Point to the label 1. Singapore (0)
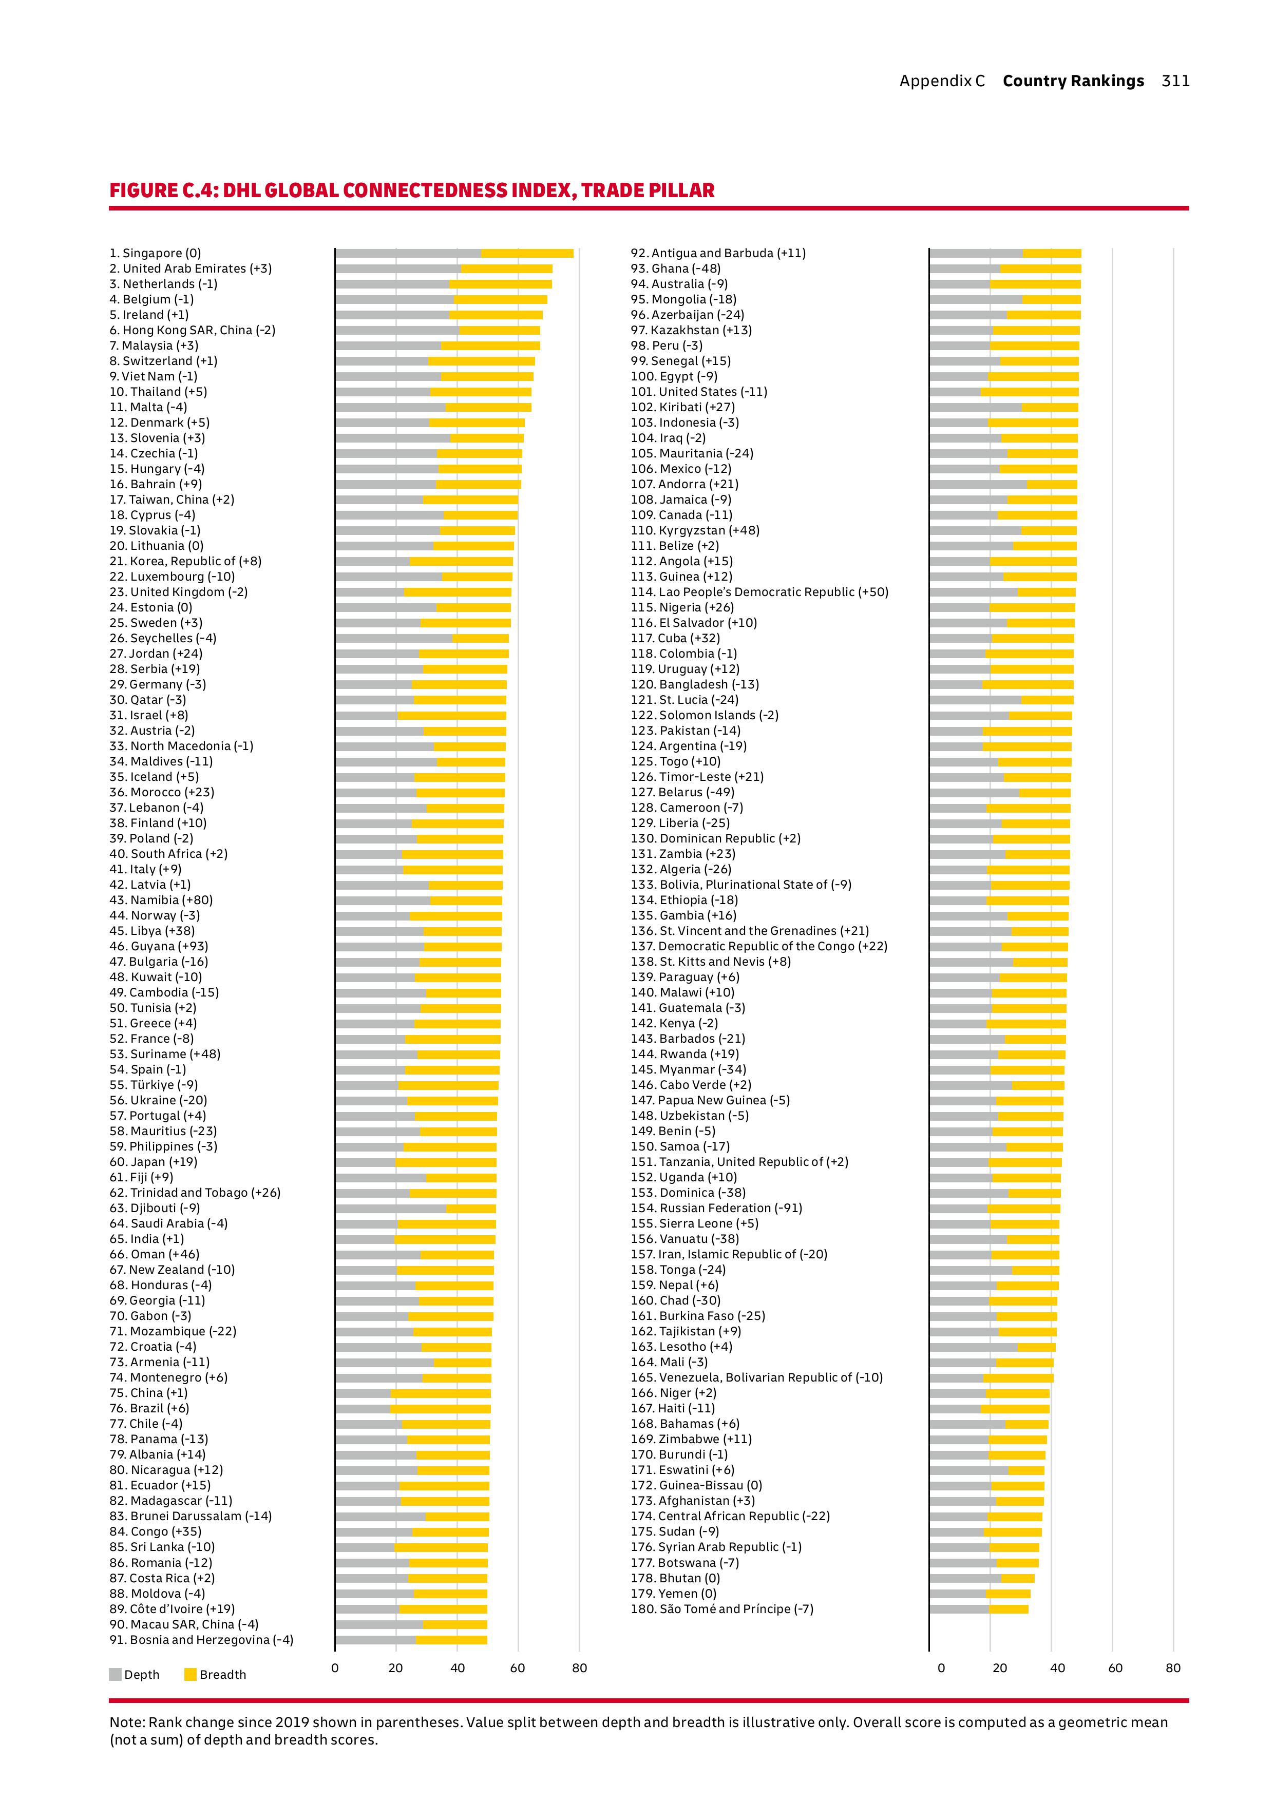tap(155, 254)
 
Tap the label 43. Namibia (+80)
tap(161, 899)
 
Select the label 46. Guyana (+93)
tap(159, 946)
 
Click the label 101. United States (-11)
tap(699, 391)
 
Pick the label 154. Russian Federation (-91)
tap(716, 1208)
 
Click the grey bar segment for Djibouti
tap(391, 1209)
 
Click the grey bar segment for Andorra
tap(978, 484)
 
